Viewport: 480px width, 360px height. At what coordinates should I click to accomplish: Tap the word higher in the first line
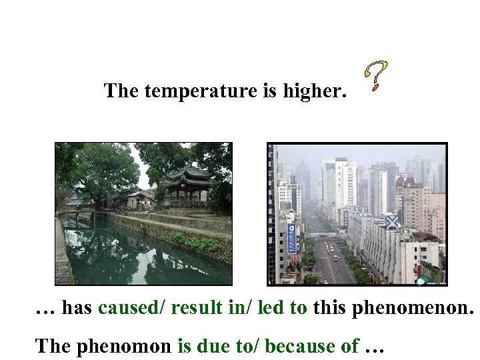(x=313, y=91)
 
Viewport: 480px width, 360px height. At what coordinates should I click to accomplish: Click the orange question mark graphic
(x=377, y=75)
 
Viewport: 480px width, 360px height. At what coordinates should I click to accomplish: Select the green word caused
(x=131, y=307)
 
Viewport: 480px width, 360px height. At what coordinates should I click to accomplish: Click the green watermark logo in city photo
(x=421, y=281)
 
